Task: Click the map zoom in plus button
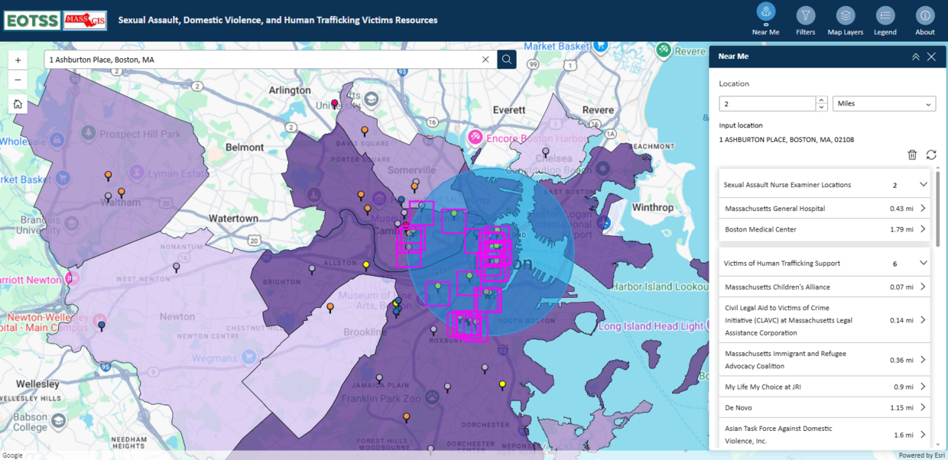(18, 60)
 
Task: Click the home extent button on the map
(18, 104)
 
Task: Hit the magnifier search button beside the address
(506, 60)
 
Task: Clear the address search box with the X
(485, 60)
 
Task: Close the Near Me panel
(931, 57)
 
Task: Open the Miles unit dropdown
(884, 103)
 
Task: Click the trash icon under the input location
(912, 154)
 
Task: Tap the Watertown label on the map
(233, 219)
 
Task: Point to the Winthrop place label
(652, 207)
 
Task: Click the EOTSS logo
(31, 21)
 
